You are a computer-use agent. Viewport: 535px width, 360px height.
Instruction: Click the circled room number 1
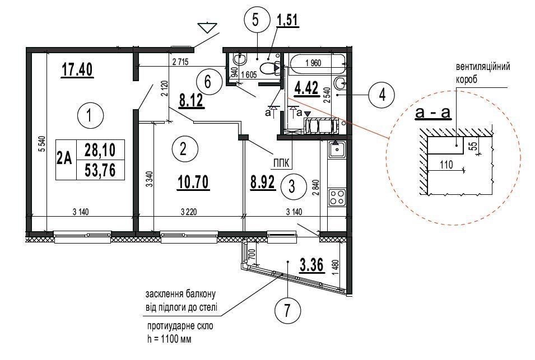coord(90,115)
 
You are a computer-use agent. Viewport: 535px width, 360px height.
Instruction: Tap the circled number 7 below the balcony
coord(287,310)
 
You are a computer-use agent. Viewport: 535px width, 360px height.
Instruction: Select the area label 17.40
coord(77,69)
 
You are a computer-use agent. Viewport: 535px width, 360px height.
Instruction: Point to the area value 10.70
coord(193,183)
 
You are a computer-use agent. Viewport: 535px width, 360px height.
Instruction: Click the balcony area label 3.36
coord(311,265)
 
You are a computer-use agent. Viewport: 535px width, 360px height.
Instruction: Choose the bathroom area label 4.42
coord(306,88)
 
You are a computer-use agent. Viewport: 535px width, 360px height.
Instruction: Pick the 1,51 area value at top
coord(287,21)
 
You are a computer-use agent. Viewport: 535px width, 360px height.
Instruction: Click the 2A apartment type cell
coord(65,159)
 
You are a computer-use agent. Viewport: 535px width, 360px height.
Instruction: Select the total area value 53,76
coord(101,170)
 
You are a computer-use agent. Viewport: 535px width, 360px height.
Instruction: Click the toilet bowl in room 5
coord(268,68)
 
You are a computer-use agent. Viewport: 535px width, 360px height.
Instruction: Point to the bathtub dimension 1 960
coord(313,63)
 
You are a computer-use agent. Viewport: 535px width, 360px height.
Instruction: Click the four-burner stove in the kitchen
coord(337,197)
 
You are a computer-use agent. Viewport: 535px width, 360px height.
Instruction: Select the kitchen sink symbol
coord(337,148)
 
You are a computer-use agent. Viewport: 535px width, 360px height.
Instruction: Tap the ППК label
coord(281,163)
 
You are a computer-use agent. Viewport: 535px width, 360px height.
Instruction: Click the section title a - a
coord(433,112)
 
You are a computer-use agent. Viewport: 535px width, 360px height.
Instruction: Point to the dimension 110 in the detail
coord(446,165)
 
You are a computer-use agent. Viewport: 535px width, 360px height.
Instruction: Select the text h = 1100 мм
coord(169,339)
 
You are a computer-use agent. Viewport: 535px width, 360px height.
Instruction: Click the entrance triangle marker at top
coord(207,27)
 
